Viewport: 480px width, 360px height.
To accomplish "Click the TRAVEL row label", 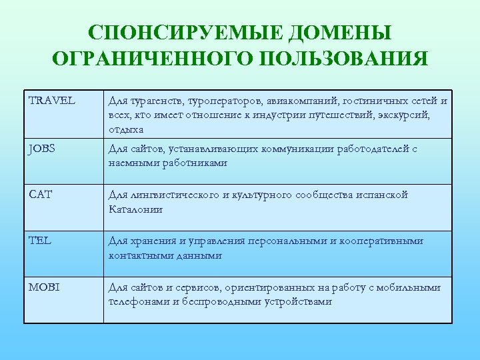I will click(52, 101).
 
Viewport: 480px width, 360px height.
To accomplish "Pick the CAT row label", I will click(39, 195).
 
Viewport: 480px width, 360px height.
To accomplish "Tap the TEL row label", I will click(39, 241).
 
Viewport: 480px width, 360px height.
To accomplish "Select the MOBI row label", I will click(43, 287).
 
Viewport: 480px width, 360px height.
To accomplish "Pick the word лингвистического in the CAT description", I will click(175, 195).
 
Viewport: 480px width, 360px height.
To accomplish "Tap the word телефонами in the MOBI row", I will click(137, 301).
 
